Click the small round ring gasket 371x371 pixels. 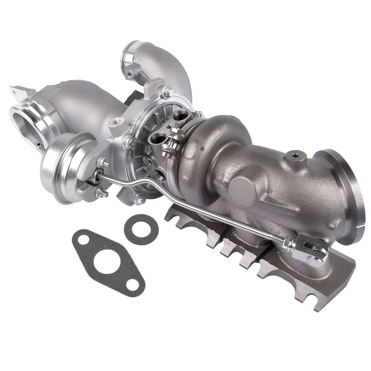(x=141, y=229)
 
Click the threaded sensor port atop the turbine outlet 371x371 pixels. (x=296, y=155)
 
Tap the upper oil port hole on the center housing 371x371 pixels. (x=180, y=115)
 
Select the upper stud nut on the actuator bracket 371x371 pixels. (x=103, y=162)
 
